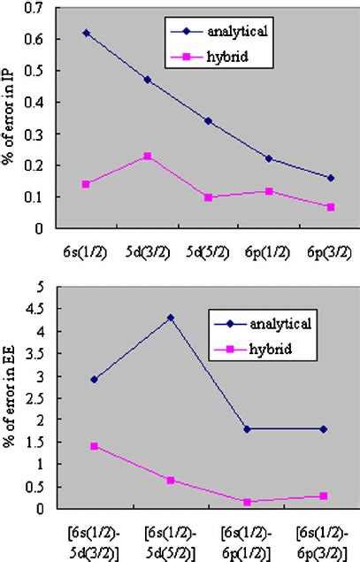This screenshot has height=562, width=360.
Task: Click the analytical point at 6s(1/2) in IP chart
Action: tap(86, 33)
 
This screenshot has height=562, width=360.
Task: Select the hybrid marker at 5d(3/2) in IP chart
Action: tap(147, 156)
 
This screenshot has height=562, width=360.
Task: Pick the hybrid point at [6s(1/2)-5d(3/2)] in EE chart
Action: tap(94, 446)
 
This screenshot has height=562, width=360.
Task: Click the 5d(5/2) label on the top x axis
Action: tap(208, 251)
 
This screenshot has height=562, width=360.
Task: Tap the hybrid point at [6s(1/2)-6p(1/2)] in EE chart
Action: tap(248, 502)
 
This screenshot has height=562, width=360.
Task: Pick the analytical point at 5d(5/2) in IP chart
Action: tap(208, 120)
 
